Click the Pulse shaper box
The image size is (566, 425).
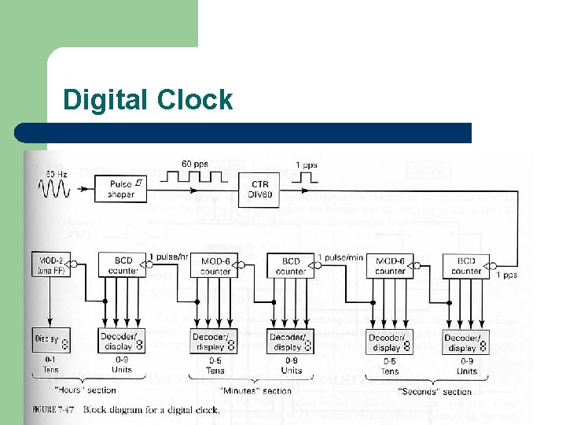coord(122,189)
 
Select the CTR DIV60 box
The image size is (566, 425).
coord(260,188)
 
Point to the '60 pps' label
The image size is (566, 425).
coord(195,164)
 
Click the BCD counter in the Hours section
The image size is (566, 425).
coord(122,265)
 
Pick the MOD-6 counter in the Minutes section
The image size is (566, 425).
coord(215,265)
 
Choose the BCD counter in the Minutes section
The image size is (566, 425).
coord(291,265)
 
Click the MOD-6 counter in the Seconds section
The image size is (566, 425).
coord(390,265)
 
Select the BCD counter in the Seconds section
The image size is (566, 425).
coord(466,265)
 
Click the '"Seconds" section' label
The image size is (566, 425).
coord(435,391)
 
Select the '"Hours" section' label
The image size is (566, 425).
coord(85,390)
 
